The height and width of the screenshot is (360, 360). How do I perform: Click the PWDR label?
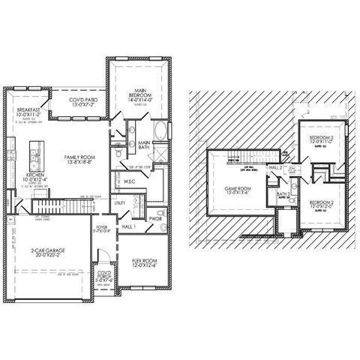pyautogui.click(x=155, y=219)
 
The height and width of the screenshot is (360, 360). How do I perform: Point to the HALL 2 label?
pyautogui.click(x=276, y=167)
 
